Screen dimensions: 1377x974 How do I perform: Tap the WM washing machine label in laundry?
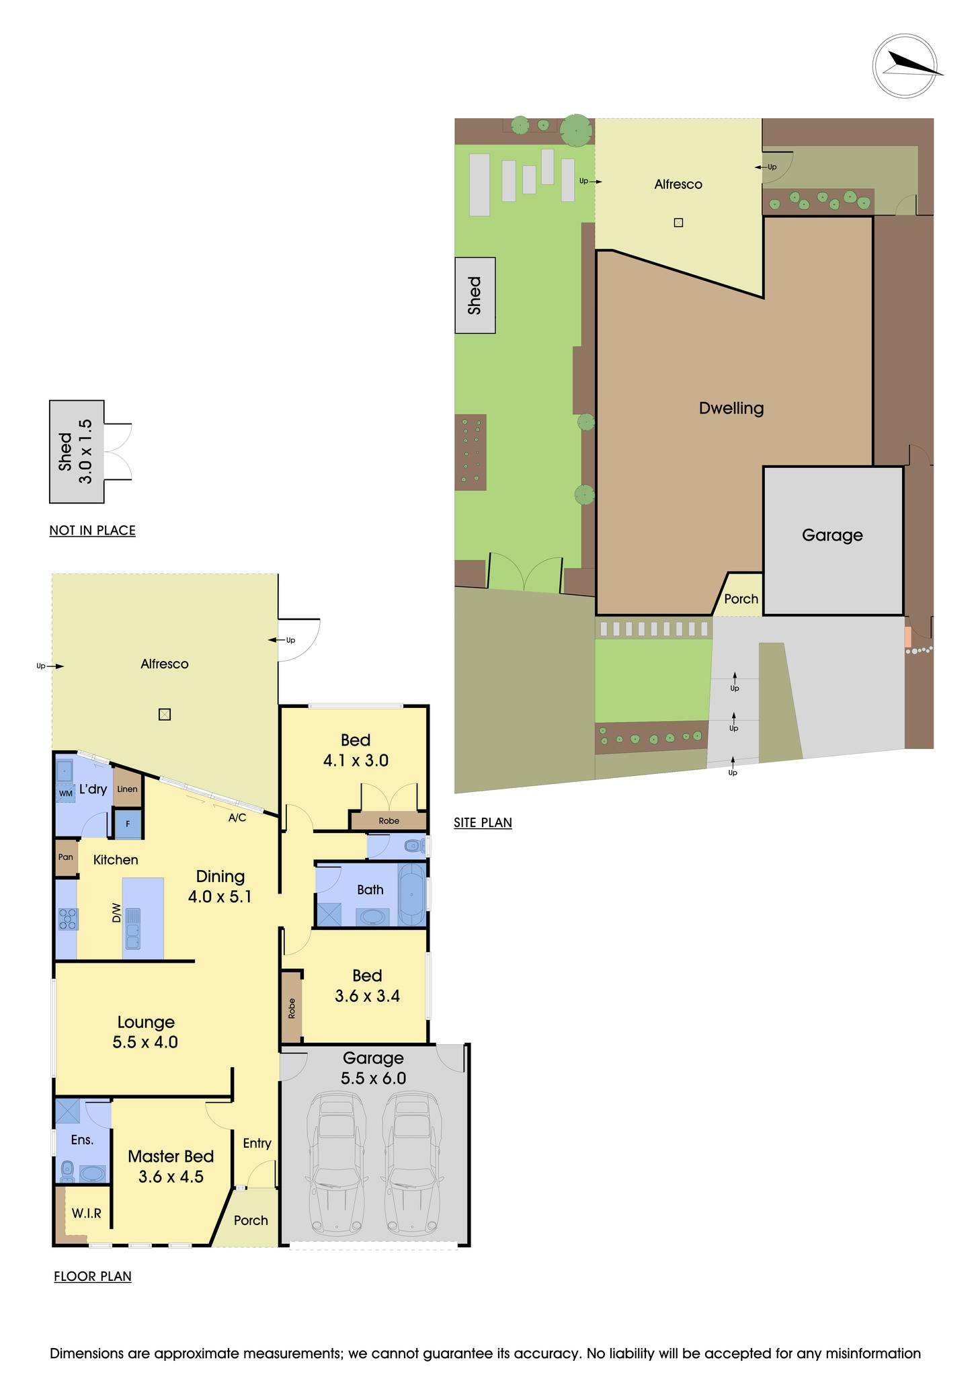[65, 793]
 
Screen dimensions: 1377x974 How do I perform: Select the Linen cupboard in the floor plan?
[127, 789]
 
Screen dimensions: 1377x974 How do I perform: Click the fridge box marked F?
[128, 824]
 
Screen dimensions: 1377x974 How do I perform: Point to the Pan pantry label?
[66, 857]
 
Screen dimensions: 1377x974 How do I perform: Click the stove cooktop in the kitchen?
[67, 918]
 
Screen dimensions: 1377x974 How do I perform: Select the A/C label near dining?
[237, 818]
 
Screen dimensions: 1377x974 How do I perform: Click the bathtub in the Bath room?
[411, 895]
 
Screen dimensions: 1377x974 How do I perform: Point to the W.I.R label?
[87, 1213]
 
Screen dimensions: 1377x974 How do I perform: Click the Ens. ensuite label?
[82, 1140]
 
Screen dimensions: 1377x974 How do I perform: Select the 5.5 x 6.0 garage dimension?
[373, 1078]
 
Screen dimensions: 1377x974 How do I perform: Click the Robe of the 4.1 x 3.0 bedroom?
[389, 821]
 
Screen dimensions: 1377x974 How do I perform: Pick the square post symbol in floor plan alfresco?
[165, 715]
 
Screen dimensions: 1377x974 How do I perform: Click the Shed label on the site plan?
[475, 296]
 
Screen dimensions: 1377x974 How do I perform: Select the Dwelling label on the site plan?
[731, 408]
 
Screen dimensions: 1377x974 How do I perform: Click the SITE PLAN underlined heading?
[483, 822]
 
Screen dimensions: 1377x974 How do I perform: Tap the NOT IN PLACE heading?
[92, 530]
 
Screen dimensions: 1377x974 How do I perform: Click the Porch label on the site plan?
[741, 599]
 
